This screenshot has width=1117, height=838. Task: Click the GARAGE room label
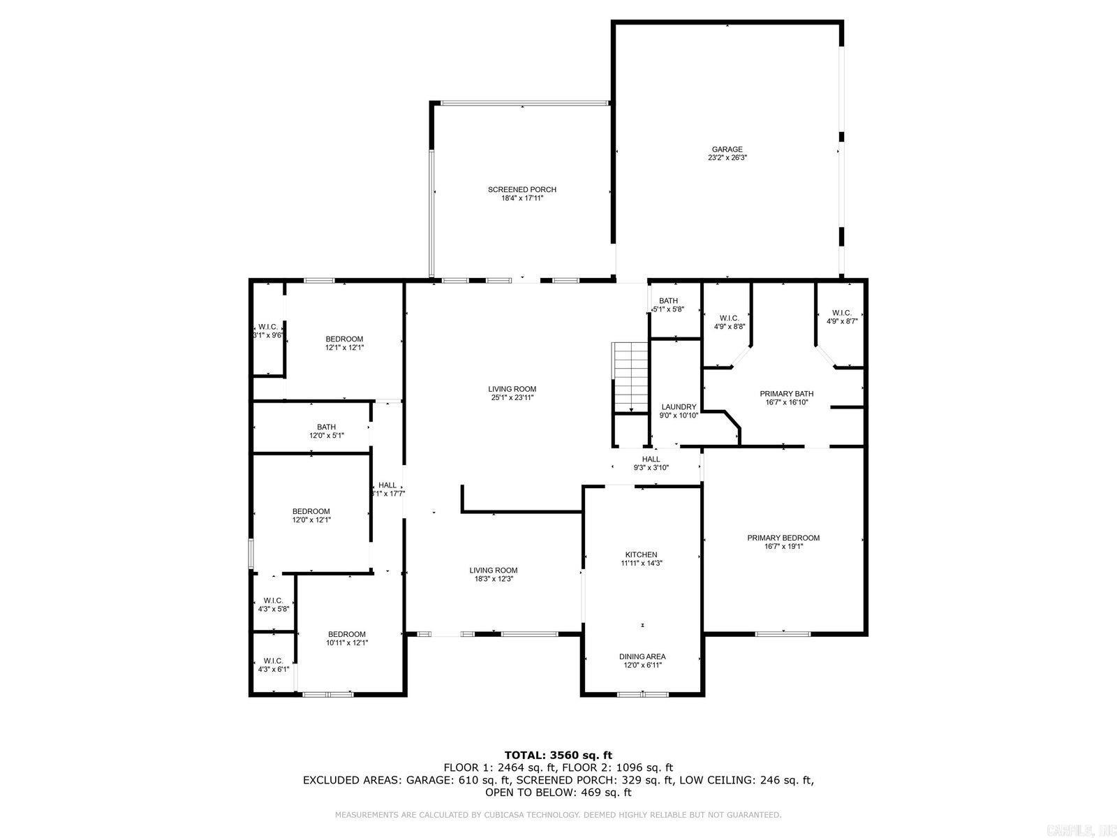click(x=727, y=149)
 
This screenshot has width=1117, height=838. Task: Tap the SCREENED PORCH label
click(x=521, y=190)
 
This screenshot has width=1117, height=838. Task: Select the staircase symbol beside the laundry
click(x=631, y=378)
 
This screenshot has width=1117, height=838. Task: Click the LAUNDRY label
click(x=679, y=407)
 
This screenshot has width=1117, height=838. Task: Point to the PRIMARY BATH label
click(x=786, y=394)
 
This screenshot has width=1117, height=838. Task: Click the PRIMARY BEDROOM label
click(x=783, y=538)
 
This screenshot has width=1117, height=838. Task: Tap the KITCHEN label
click(x=641, y=554)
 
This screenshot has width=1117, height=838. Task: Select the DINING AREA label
click(x=642, y=656)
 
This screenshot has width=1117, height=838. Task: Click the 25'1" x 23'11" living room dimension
click(x=512, y=398)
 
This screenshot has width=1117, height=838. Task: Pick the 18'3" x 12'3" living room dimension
click(x=493, y=579)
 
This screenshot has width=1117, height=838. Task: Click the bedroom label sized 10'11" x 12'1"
click(x=347, y=634)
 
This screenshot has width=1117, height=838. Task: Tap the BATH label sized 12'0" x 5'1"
click(x=326, y=427)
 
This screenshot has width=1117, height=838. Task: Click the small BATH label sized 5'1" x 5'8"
click(x=668, y=301)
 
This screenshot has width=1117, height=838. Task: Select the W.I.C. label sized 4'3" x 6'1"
click(x=273, y=661)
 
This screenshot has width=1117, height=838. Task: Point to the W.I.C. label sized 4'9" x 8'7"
click(x=841, y=313)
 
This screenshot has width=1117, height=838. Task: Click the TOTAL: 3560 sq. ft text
click(x=558, y=755)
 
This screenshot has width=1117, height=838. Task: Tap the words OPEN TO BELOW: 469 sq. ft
click(x=558, y=793)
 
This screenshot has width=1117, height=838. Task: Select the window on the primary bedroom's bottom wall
click(x=783, y=634)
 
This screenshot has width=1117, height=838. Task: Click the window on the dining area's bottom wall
click(x=642, y=694)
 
